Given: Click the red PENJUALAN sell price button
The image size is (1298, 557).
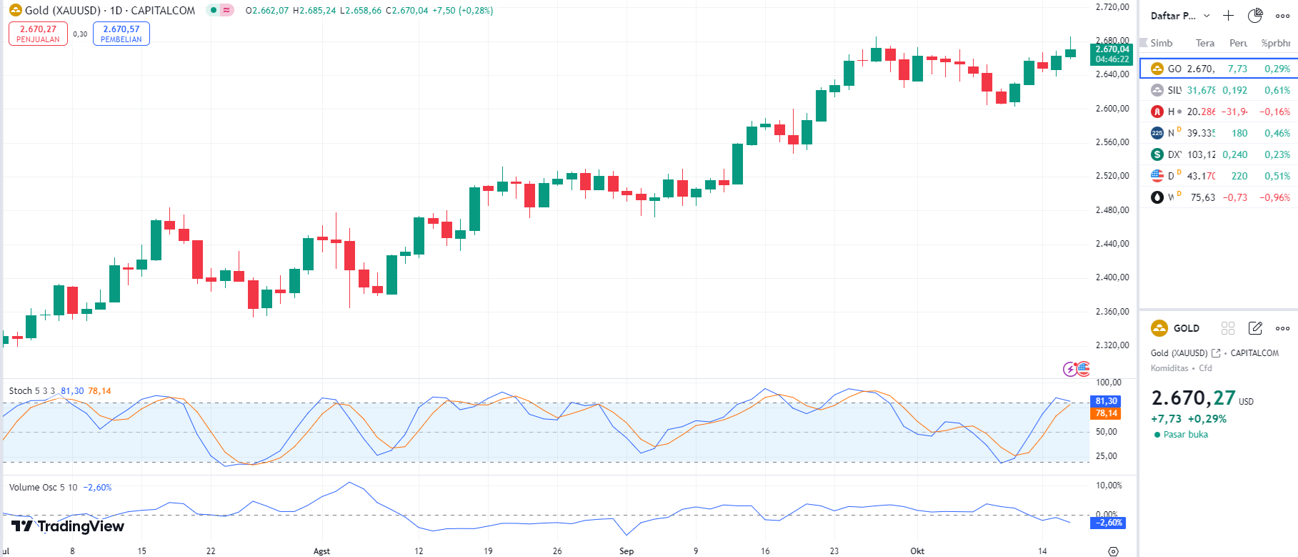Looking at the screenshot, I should (x=38, y=34).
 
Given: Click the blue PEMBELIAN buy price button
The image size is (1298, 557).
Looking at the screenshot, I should (x=121, y=34).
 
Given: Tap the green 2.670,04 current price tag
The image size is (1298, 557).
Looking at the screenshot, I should (x=1112, y=54).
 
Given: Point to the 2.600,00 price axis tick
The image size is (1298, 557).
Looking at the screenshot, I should (x=1112, y=109).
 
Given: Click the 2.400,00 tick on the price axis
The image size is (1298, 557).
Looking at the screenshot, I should (x=1112, y=277).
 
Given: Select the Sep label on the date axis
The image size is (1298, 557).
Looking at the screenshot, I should (x=626, y=551).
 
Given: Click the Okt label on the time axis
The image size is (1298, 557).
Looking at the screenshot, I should (x=917, y=551).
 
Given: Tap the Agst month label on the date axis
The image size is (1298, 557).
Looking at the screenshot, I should (x=321, y=551).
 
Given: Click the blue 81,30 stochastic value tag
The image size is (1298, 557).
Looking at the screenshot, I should (x=1106, y=401).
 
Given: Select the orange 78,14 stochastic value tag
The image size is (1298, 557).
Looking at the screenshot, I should (x=1106, y=413).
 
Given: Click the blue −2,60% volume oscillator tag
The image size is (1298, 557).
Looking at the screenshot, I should (x=1108, y=523).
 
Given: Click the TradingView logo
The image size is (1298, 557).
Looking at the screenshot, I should (x=68, y=527).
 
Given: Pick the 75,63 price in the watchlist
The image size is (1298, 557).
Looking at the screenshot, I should (x=1202, y=197).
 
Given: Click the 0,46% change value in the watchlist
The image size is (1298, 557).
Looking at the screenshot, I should (x=1277, y=133).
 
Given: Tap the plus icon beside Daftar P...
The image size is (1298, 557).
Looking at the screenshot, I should (x=1228, y=16).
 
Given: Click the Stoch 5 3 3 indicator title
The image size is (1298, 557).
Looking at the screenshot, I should (x=31, y=391).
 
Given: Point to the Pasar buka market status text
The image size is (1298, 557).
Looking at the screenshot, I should (x=1185, y=435).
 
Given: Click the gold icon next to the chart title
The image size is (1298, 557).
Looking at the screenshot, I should (x=15, y=11).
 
